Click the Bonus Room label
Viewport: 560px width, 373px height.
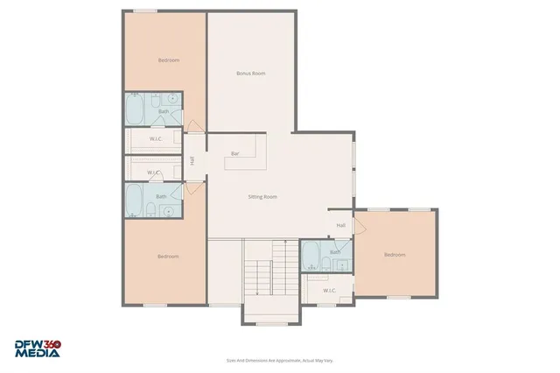pos(251,74)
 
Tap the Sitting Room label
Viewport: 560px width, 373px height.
pos(262,197)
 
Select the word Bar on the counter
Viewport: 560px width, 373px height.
pos(234,153)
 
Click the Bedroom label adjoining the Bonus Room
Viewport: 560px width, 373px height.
pos(169,60)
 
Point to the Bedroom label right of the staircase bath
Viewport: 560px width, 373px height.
pos(395,255)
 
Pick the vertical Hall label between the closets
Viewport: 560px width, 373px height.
pos(192,159)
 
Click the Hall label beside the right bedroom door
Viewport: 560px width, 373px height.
pos(341,225)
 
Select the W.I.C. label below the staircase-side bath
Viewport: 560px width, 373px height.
pos(330,290)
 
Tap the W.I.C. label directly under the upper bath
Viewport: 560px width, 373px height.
pos(154,137)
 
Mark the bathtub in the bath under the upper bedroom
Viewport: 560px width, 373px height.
pos(135,110)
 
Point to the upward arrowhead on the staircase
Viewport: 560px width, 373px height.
pos(285,243)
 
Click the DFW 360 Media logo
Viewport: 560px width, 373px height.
pos(37,348)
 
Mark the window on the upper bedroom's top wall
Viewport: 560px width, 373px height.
pos(144,11)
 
